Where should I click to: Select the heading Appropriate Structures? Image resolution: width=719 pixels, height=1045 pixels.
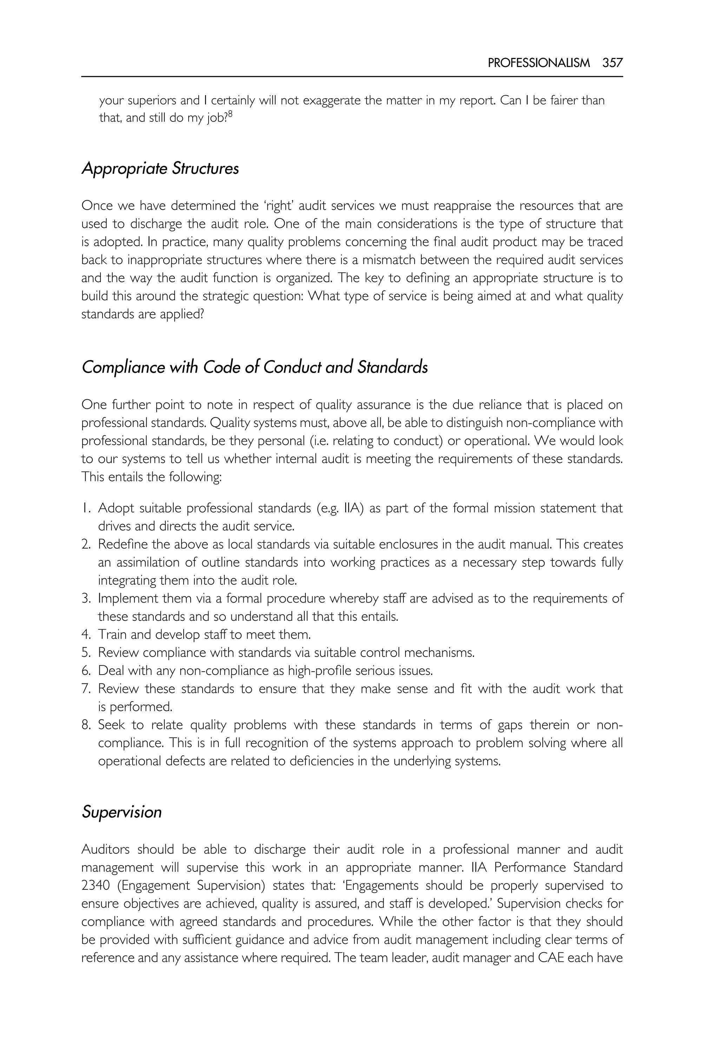160,169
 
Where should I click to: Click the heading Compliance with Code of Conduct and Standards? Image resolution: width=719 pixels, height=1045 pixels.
255,367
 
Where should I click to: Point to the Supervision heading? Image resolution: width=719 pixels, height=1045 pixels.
121,812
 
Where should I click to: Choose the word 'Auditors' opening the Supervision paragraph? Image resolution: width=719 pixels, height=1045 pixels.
106,849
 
